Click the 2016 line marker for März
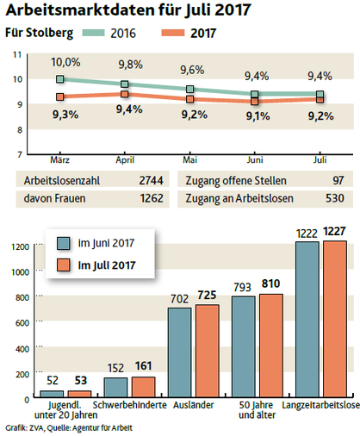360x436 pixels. coord(59,79)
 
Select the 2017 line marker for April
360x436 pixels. coord(125,94)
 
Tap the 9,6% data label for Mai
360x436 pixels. coord(192,70)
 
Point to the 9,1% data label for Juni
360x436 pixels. coord(258,116)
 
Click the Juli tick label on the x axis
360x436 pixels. coord(320,159)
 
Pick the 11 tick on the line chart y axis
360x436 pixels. coord(17,54)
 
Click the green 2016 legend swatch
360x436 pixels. coord(93,33)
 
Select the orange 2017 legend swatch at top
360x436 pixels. coord(173,33)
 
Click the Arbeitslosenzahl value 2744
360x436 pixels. coord(152,180)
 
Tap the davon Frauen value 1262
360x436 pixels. coord(152,198)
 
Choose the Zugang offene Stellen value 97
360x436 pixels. coord(338,180)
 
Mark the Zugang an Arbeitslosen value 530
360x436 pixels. coord(335,198)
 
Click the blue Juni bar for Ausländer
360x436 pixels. coord(180,352)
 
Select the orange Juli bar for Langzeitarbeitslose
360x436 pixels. coord(335,319)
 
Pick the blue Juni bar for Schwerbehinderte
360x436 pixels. coord(115,388)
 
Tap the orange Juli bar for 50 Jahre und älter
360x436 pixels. coord(271,346)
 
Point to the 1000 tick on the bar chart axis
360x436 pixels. coord(21,272)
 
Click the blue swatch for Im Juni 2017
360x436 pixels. coord(63,243)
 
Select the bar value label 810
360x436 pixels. coord(270,283)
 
